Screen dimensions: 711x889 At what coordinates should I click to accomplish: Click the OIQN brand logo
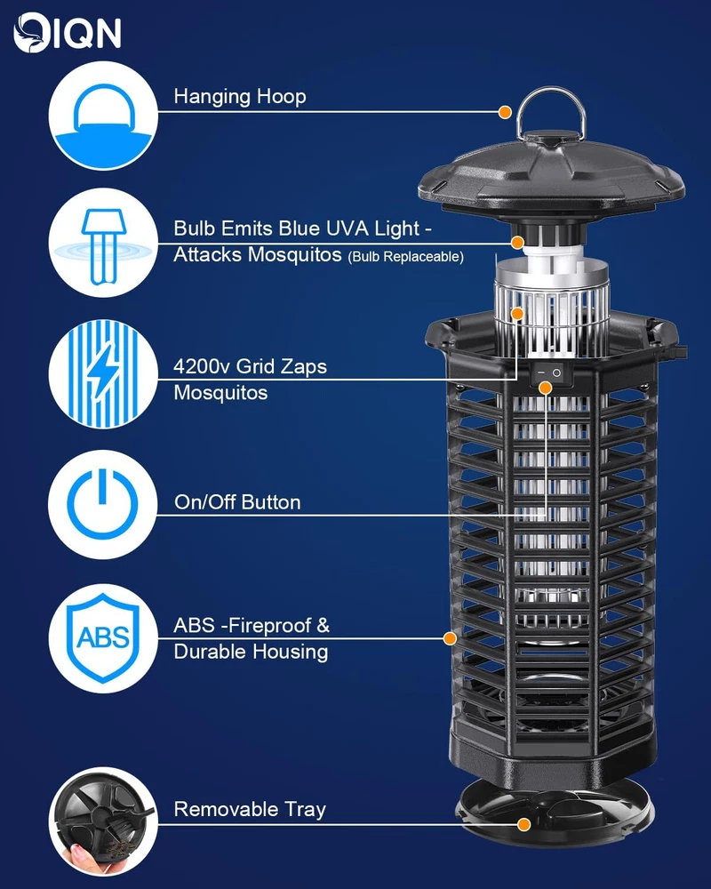tap(67, 32)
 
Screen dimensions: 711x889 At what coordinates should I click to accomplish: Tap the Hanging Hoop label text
tap(240, 96)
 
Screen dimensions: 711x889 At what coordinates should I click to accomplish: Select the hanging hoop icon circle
tap(102, 116)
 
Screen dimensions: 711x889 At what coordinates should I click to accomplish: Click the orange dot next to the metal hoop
tap(505, 112)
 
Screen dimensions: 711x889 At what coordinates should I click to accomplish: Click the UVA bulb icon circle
tap(102, 243)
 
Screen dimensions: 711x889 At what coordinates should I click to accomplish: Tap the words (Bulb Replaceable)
tap(405, 257)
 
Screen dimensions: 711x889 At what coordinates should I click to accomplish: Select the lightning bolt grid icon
tap(102, 374)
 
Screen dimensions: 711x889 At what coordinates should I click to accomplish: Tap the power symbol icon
tap(102, 505)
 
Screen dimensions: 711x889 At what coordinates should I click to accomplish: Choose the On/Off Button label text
tap(237, 502)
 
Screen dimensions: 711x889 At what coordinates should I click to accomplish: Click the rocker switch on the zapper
tap(547, 372)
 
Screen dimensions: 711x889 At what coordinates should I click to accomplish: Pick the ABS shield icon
tap(102, 637)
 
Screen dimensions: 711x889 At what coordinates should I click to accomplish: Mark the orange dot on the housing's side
tap(451, 638)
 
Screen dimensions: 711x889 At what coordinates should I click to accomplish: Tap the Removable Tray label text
tap(250, 809)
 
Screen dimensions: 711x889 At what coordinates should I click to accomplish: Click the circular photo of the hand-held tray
tap(102, 821)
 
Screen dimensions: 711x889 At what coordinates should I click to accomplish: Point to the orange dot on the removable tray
tap(523, 824)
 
